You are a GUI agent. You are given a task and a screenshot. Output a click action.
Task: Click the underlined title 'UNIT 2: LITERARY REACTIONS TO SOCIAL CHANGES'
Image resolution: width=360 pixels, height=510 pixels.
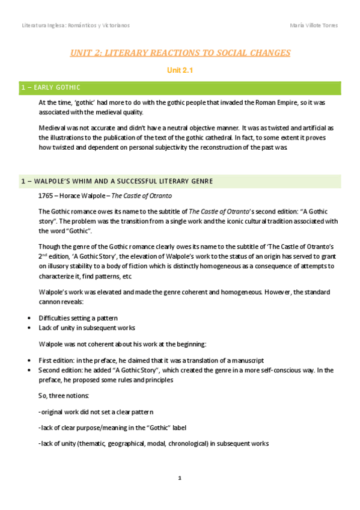pos(180,53)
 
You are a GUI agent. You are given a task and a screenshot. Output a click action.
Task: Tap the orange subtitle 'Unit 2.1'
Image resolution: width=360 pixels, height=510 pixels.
pos(180,71)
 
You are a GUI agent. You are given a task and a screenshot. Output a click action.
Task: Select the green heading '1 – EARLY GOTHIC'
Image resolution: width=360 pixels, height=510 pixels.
pos(50,88)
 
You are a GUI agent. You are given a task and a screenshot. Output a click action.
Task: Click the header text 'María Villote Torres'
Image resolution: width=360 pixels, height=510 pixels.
pos(313,25)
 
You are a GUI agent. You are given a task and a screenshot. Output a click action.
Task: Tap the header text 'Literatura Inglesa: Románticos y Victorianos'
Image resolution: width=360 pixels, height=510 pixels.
pos(76,25)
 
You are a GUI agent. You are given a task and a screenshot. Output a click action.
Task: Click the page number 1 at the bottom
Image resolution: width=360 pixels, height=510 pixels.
pos(180,478)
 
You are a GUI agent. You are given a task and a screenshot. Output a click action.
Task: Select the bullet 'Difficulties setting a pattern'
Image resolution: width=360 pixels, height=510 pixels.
pos(78,318)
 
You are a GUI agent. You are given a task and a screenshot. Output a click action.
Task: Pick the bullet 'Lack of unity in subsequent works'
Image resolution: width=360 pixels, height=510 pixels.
pos(83,328)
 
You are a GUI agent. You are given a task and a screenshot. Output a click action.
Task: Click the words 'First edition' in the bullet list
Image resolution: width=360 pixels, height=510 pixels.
pos(56,360)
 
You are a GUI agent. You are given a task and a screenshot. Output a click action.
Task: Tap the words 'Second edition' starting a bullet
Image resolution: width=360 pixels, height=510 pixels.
pos(60,370)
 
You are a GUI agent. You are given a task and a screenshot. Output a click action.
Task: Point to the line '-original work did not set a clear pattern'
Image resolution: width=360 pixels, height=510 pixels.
pos(96,412)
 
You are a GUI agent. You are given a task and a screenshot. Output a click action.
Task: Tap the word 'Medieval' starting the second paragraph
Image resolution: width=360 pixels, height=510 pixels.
pos(52,128)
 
